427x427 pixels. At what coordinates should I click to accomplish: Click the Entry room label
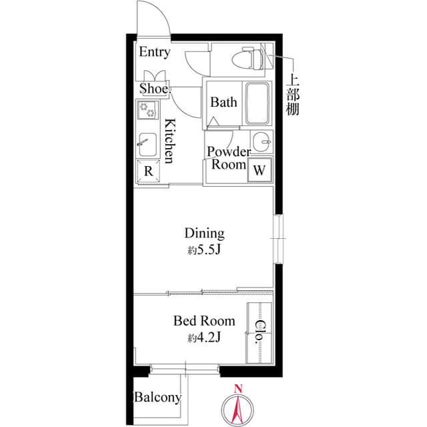coord(154,52)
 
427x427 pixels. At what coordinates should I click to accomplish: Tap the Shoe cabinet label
coord(153,89)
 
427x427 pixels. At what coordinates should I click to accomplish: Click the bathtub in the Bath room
coord(256,103)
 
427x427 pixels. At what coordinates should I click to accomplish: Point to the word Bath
coord(224,103)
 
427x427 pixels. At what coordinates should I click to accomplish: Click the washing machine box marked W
coord(259,170)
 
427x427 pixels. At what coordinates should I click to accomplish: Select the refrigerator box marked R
coord(149,170)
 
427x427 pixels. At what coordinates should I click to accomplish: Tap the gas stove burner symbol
coord(146,108)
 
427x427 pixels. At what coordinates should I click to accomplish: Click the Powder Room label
coord(229,158)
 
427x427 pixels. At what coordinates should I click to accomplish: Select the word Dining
coord(204,234)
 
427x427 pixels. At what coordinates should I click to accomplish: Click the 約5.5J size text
coord(204,251)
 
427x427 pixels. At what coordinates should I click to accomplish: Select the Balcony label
coord(157,398)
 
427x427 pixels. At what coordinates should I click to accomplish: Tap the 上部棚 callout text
coord(292,93)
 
